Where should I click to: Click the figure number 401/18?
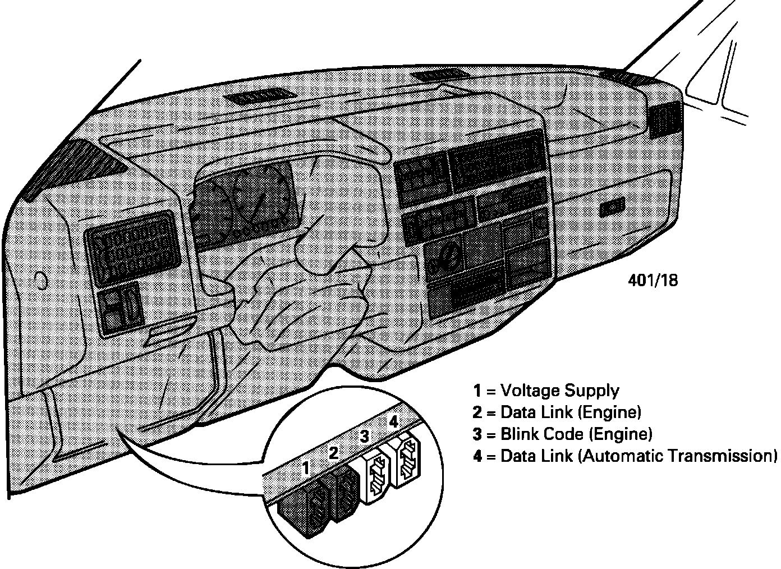tap(653, 280)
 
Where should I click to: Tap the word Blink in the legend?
tap(520, 434)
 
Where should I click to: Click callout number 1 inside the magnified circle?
tap(306, 467)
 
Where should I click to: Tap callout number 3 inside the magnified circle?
tap(364, 436)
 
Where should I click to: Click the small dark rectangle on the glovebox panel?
tap(611, 208)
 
